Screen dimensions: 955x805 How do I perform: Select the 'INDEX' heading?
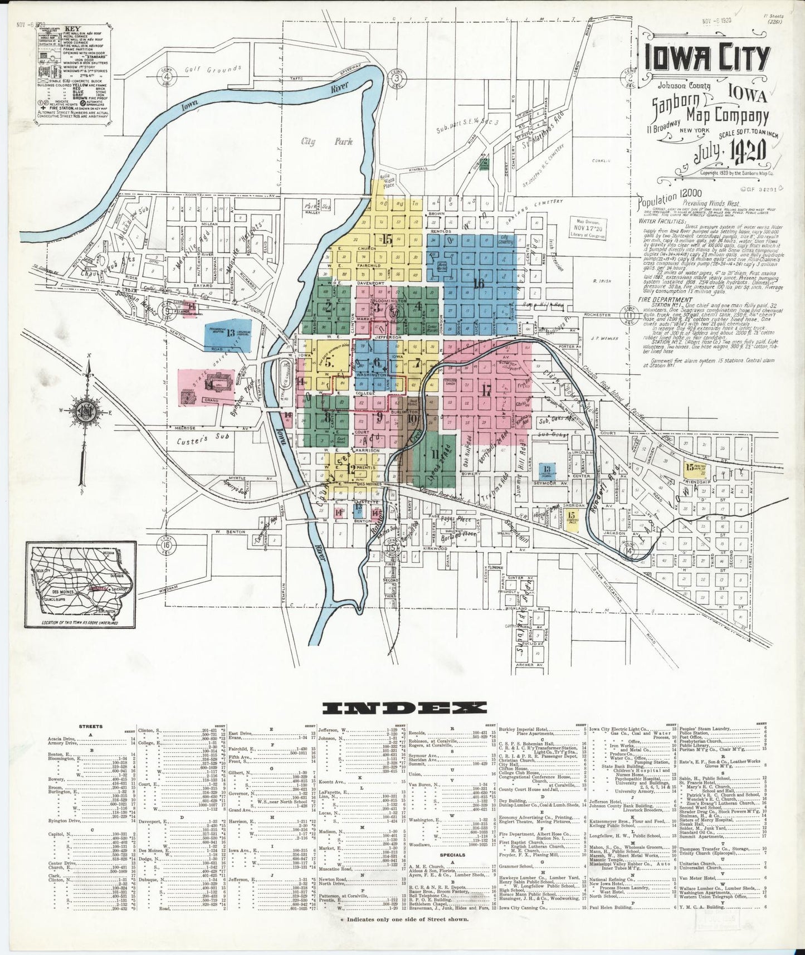pyautogui.click(x=404, y=708)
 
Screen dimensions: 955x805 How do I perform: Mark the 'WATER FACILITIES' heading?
pyautogui.click(x=663, y=221)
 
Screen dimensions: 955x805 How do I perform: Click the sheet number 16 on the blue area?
pyautogui.click(x=478, y=282)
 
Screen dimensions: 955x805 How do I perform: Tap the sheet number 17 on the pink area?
pyautogui.click(x=487, y=390)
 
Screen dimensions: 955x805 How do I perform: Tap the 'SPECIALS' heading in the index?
pyautogui.click(x=452, y=855)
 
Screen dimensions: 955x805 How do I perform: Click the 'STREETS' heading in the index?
pyautogui.click(x=90, y=727)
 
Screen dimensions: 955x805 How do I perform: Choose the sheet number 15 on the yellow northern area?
pyautogui.click(x=388, y=240)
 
